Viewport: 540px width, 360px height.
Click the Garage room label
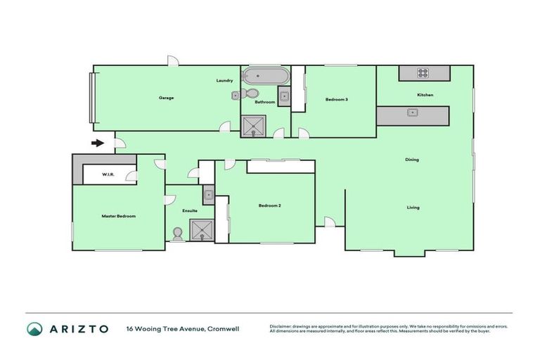(166, 98)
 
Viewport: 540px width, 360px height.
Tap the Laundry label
(224, 81)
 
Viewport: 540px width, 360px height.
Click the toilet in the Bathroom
(252, 94)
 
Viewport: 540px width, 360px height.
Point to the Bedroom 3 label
(337, 100)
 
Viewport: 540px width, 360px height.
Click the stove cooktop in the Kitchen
(424, 72)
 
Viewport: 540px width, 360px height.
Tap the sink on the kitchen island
(413, 112)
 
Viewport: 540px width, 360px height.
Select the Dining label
(411, 160)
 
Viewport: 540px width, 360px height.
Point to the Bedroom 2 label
(270, 205)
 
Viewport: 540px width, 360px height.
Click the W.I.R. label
(108, 174)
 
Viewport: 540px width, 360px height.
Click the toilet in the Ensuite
(177, 233)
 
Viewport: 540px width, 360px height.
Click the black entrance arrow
(98, 144)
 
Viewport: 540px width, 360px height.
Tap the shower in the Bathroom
(251, 126)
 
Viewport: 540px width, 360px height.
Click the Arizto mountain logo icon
(34, 328)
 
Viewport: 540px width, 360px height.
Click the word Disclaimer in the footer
(283, 326)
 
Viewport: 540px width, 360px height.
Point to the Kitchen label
(425, 95)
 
